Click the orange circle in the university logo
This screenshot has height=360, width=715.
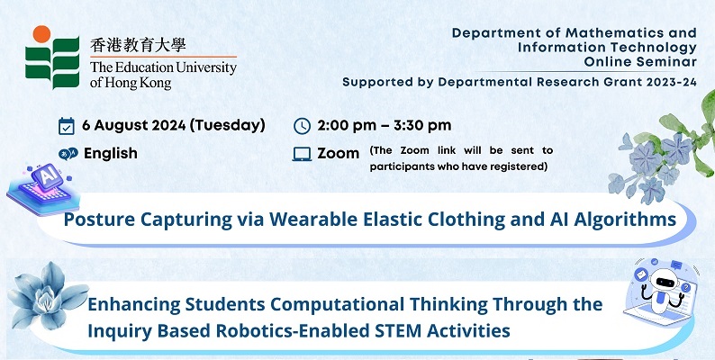pos(41,34)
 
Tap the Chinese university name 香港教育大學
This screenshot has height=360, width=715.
pos(138,46)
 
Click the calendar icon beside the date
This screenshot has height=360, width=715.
pos(67,126)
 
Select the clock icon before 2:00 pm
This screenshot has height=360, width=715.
pos(302,126)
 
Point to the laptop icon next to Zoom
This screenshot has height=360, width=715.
pos(302,155)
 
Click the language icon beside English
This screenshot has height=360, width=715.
pos(68,154)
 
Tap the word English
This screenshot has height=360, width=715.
pos(111,154)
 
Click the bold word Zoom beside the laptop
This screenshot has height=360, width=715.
pos(339,154)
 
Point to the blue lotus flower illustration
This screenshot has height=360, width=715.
pos(48,296)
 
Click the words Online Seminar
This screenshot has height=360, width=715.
pos(640,62)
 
